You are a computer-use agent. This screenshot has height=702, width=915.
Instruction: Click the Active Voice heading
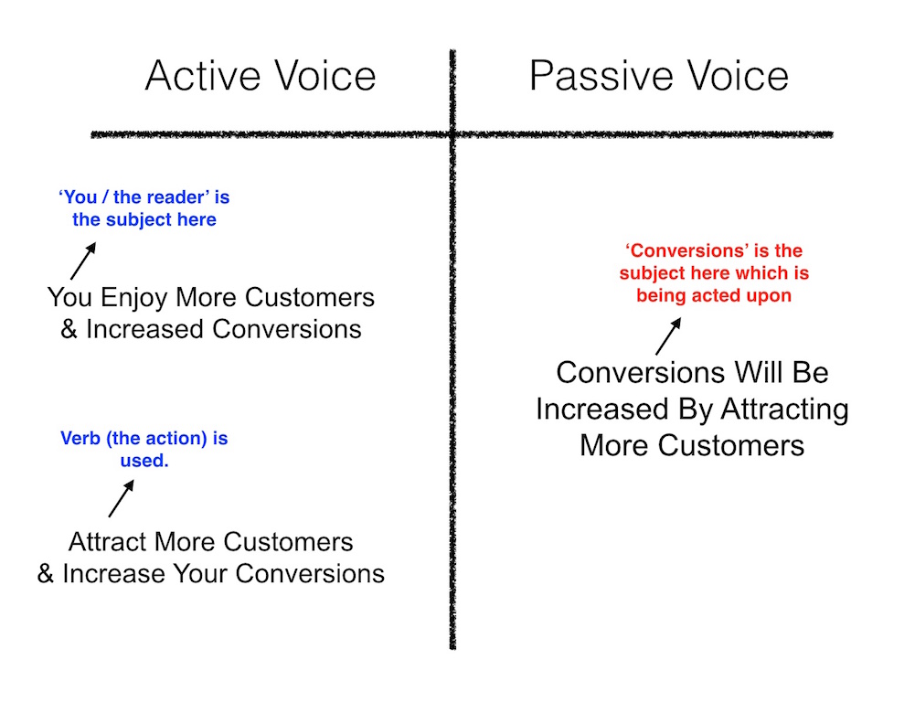coord(261,76)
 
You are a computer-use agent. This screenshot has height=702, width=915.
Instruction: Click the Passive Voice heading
coord(659,76)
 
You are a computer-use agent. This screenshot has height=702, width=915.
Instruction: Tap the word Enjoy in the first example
coord(134,298)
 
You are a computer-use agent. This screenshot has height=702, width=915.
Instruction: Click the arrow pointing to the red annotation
coord(668,336)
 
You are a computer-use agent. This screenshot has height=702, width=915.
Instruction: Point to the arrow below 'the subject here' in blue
coord(83,261)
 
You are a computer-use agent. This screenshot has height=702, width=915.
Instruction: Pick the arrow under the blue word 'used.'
coord(121,498)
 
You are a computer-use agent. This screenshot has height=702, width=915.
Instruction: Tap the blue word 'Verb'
coord(80,438)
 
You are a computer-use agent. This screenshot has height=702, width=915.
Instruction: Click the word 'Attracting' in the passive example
coord(784,409)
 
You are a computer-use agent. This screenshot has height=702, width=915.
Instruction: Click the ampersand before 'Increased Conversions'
coord(69,329)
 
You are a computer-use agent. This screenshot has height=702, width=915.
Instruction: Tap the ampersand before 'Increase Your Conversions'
coord(46,574)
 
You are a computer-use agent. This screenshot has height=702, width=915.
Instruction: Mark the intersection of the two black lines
coord(452,134)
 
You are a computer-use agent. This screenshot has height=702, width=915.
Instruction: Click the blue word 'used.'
coord(144,461)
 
